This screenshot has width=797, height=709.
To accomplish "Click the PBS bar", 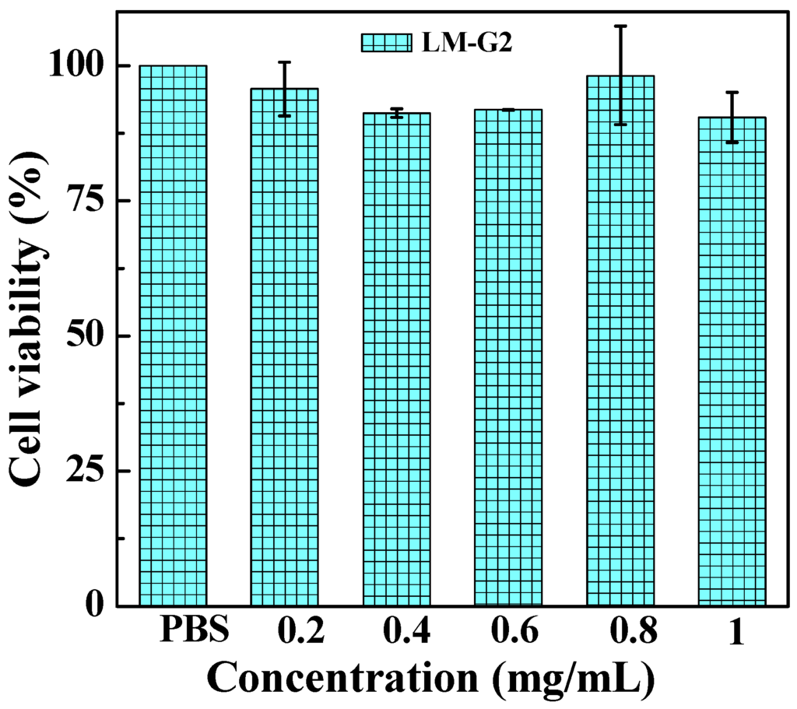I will (173, 335).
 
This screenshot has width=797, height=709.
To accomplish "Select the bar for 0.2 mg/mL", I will (284, 346).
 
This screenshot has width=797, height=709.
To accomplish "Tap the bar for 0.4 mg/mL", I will (396, 358).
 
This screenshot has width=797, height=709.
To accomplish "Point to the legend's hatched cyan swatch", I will (386, 42).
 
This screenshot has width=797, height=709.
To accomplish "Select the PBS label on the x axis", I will (194, 630).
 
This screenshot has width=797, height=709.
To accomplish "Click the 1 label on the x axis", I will (733, 632).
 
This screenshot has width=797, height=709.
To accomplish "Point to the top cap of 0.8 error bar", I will (620, 26).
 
